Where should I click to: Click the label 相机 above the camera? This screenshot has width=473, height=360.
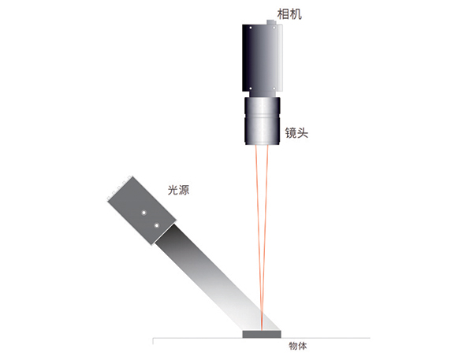click(289, 14)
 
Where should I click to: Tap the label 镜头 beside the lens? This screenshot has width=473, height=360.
click(296, 132)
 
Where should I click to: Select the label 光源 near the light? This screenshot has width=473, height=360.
click(179, 190)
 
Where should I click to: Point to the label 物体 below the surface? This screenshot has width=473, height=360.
click(298, 346)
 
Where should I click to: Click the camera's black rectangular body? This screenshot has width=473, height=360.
click(263, 58)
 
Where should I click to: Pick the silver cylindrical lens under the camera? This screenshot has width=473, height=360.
click(263, 121)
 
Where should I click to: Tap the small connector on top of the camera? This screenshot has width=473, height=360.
click(271, 22)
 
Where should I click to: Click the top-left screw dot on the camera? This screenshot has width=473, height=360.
click(251, 28)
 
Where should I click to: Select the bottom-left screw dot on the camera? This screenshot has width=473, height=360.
click(251, 89)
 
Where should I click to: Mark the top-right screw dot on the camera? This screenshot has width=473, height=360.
click(274, 28)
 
